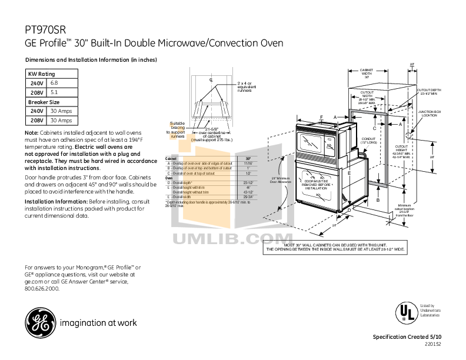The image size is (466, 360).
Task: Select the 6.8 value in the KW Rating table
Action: click(54, 84)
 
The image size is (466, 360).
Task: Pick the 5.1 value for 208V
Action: click(54, 92)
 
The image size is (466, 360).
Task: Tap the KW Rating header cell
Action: click(42, 74)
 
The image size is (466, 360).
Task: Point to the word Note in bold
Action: click(31, 133)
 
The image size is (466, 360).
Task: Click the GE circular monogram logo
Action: click(39, 322)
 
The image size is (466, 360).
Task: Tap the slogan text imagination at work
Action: click(98, 323)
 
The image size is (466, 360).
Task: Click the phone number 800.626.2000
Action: click(42, 289)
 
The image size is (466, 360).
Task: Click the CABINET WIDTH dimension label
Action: click(367, 73)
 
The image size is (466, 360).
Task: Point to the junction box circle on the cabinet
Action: click(410, 136)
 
